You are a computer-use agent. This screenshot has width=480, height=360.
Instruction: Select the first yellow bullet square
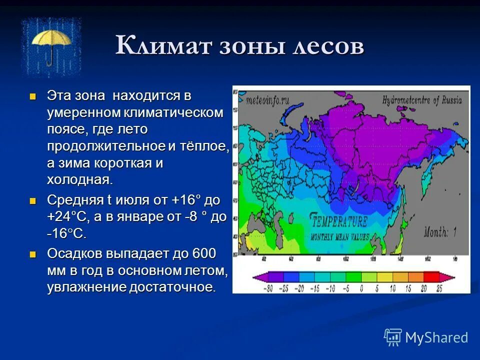[x=33, y=95]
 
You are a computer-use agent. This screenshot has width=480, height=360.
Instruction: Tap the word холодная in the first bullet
[x=80, y=179]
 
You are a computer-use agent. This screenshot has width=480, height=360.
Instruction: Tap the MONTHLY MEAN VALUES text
[x=339, y=236]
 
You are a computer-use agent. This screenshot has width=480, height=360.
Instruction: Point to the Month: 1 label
[x=440, y=231]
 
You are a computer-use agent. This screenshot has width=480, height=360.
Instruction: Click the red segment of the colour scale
[x=431, y=277]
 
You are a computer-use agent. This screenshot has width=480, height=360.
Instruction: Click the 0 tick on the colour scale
[x=361, y=288]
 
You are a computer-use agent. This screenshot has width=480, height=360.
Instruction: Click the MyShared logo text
[x=436, y=337]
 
